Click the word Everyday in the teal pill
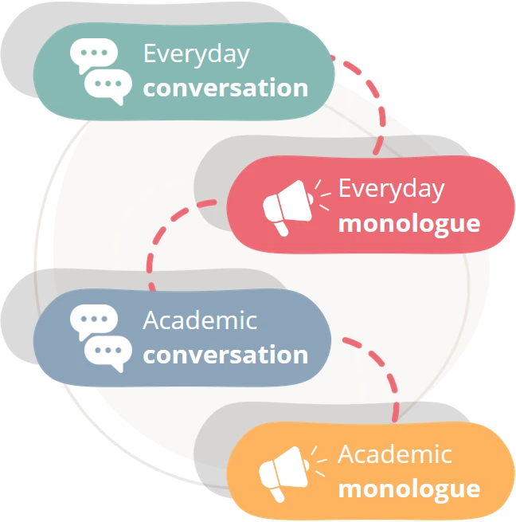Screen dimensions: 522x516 point(196,55)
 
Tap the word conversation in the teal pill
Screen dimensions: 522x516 point(225,88)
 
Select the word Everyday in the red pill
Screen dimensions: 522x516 point(391,190)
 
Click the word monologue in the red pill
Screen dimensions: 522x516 point(409,223)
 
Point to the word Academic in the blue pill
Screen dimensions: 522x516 point(200,321)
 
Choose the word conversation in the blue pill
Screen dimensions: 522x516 point(225,355)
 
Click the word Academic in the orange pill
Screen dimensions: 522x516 point(395,455)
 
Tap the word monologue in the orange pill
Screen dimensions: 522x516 point(409,489)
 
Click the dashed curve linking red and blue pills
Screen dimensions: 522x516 point(163,239)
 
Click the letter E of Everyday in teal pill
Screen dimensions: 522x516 point(150,54)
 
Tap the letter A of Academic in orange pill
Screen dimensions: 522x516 point(346,455)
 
